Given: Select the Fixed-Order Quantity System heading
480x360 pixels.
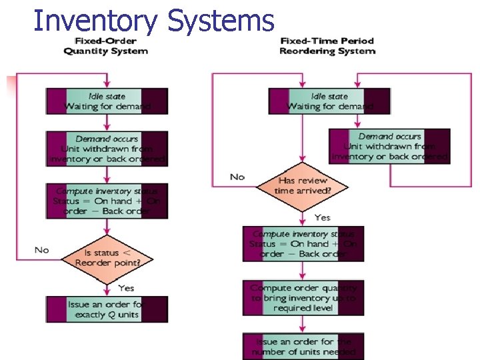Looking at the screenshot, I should point(105,47).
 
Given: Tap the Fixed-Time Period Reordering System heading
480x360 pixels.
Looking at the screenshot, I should point(327,46).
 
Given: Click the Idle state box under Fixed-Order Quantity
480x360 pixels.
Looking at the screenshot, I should point(107,101).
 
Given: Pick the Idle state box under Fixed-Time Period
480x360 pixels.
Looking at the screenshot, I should point(329,101).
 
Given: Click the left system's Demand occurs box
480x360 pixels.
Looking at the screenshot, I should point(107,149).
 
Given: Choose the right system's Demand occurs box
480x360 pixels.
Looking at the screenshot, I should point(389,146).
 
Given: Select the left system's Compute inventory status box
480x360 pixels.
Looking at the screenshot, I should point(107,201).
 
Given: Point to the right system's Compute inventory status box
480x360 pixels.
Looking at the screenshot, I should point(303,243).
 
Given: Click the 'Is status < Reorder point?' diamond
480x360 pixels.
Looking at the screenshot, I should point(107,257).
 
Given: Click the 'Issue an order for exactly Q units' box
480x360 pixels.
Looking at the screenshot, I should point(107,309).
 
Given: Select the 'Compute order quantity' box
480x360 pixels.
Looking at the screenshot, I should point(303,298).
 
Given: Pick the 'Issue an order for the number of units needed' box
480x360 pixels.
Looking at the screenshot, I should point(303,347).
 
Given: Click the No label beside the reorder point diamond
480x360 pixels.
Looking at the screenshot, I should point(41,250).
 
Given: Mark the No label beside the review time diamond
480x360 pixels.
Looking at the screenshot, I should point(237,177).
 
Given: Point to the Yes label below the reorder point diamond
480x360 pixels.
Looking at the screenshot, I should point(125,288).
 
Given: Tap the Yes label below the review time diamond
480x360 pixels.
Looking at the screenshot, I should point(322,217).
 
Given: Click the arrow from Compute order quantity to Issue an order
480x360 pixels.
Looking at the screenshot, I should point(303,325).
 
